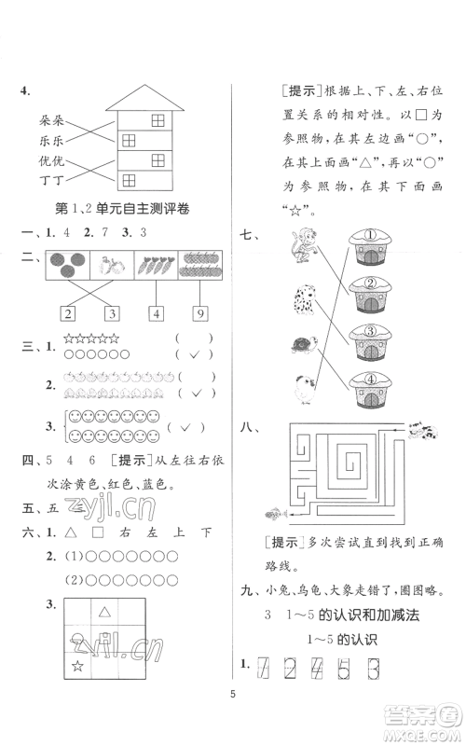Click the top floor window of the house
click(158, 119)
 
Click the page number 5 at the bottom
click(231, 718)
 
